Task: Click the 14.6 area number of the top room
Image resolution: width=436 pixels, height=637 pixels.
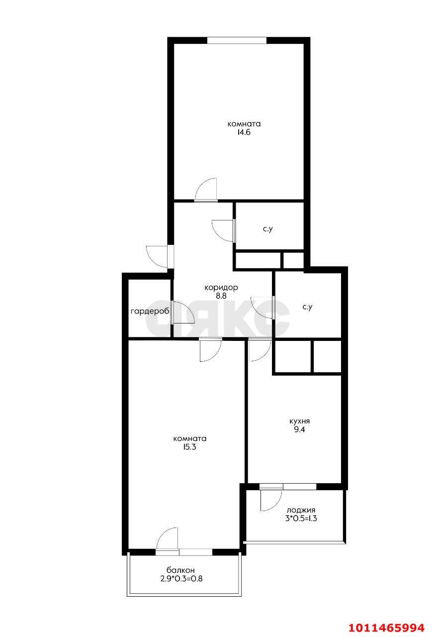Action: coord(244,132)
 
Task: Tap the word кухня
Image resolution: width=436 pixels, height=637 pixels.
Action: coord(299,421)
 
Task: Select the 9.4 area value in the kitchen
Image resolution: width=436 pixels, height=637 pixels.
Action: coord(299,429)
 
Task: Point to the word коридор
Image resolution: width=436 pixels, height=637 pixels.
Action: coord(221,288)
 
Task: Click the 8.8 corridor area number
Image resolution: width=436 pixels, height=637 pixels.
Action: coord(221,296)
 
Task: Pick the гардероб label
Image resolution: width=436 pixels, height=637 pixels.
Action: coord(150,312)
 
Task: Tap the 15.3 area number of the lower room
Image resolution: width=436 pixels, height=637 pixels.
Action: coord(190,447)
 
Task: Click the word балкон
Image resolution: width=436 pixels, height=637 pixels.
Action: coord(180,570)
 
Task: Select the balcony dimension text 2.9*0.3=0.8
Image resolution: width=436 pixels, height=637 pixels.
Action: coord(181,578)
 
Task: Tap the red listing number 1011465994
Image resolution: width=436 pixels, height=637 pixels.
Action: coord(387,628)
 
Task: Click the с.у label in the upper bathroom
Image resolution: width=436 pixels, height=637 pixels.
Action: coord(268,229)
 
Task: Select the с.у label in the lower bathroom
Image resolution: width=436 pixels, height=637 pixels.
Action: coord(307,307)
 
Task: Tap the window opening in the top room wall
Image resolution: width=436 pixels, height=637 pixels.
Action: coord(237,40)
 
